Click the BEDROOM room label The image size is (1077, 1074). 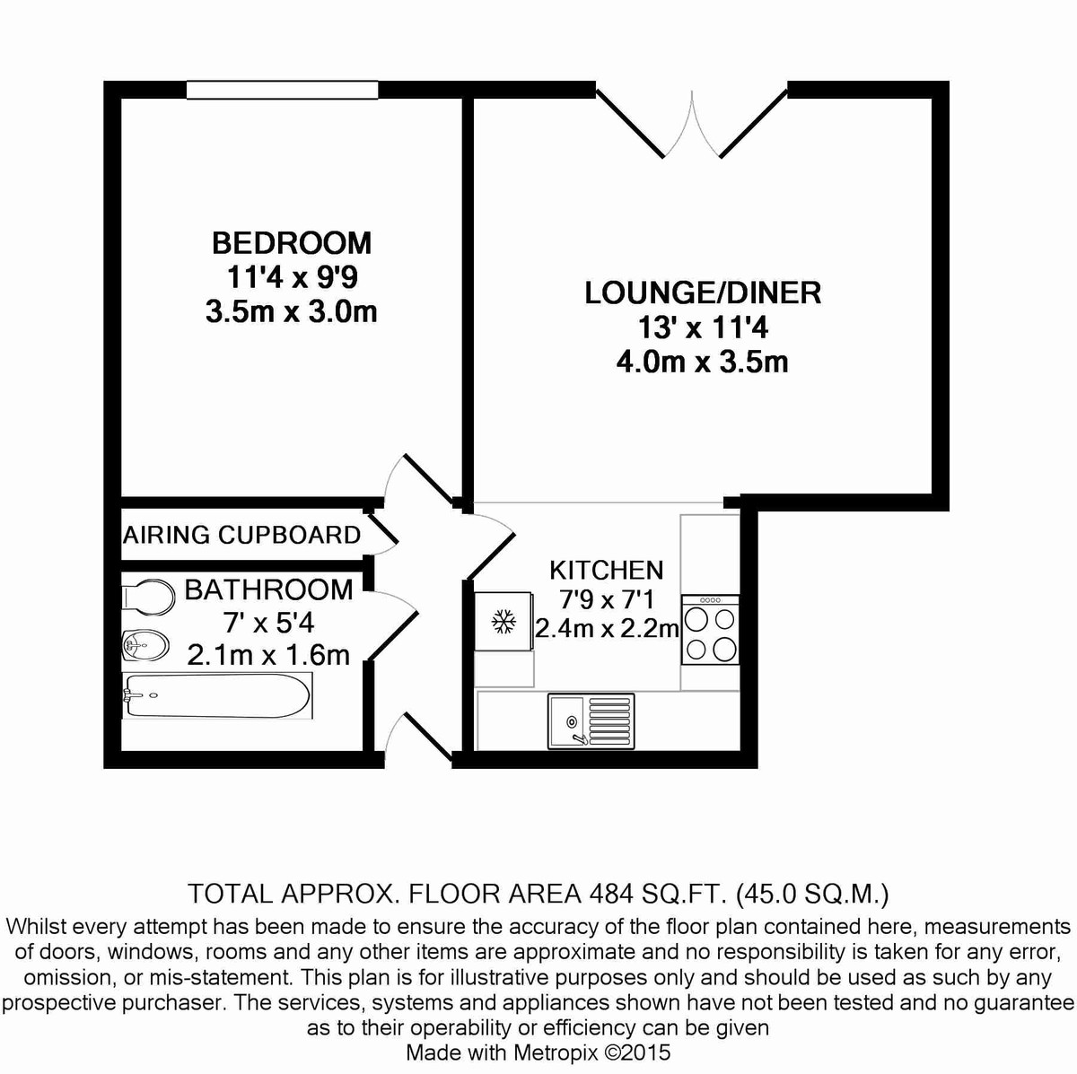[x=291, y=242]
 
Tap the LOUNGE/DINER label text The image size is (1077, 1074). [x=703, y=293]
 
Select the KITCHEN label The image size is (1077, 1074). [x=607, y=570]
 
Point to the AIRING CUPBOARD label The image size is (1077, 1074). [x=242, y=535]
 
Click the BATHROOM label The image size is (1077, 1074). [x=268, y=589]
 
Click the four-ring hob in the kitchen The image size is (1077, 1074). [x=710, y=631]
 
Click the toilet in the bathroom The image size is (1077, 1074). [x=147, y=595]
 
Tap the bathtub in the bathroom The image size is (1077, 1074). [x=218, y=696]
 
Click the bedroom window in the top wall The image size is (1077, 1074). [x=282, y=90]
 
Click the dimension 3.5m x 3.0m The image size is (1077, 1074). [x=291, y=311]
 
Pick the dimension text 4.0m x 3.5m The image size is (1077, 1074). [x=703, y=362]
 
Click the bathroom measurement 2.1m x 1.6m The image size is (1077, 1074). [x=268, y=655]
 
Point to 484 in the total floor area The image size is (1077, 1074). [x=609, y=894]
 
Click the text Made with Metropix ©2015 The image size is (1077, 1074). [x=538, y=1052]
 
